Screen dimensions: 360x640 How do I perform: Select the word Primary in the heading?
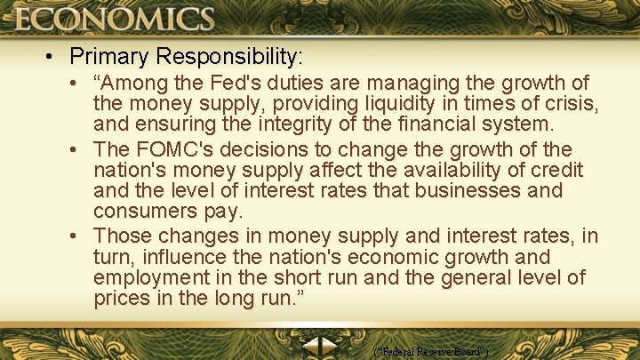pyautogui.click(x=108, y=57)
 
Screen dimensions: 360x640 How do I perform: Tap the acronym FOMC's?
pyautogui.click(x=176, y=148)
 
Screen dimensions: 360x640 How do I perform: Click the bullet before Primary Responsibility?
pyautogui.click(x=54, y=58)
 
